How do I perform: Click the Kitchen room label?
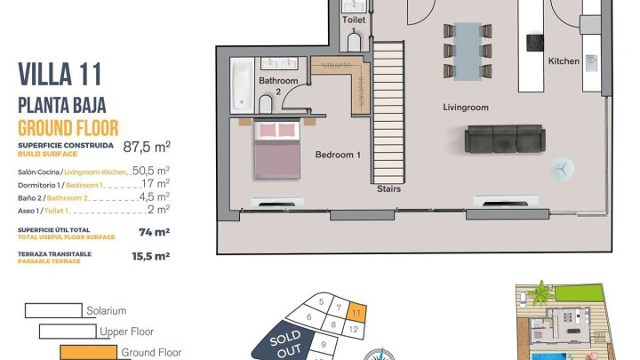pos(564,61)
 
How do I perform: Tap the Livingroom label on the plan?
pos(466,108)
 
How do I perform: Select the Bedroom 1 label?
pos(338,155)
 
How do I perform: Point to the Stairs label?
pos(388,189)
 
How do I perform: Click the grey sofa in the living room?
pos(505,139)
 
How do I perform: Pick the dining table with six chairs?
pos(468,51)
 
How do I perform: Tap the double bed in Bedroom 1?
pos(277,149)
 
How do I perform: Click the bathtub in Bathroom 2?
pos(242,85)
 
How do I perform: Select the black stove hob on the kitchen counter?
pos(535,43)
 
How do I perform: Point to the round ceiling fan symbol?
pos(562,169)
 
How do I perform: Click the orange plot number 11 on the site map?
pos(356,313)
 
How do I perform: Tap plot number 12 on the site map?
pos(354,329)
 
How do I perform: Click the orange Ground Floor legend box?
pos(88,352)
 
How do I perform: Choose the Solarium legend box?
pos(53,310)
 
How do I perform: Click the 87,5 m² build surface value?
pos(147,147)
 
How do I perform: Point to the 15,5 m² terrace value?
pos(150,256)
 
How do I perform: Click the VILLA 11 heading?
pos(60,75)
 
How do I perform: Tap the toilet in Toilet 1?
pos(355,43)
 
